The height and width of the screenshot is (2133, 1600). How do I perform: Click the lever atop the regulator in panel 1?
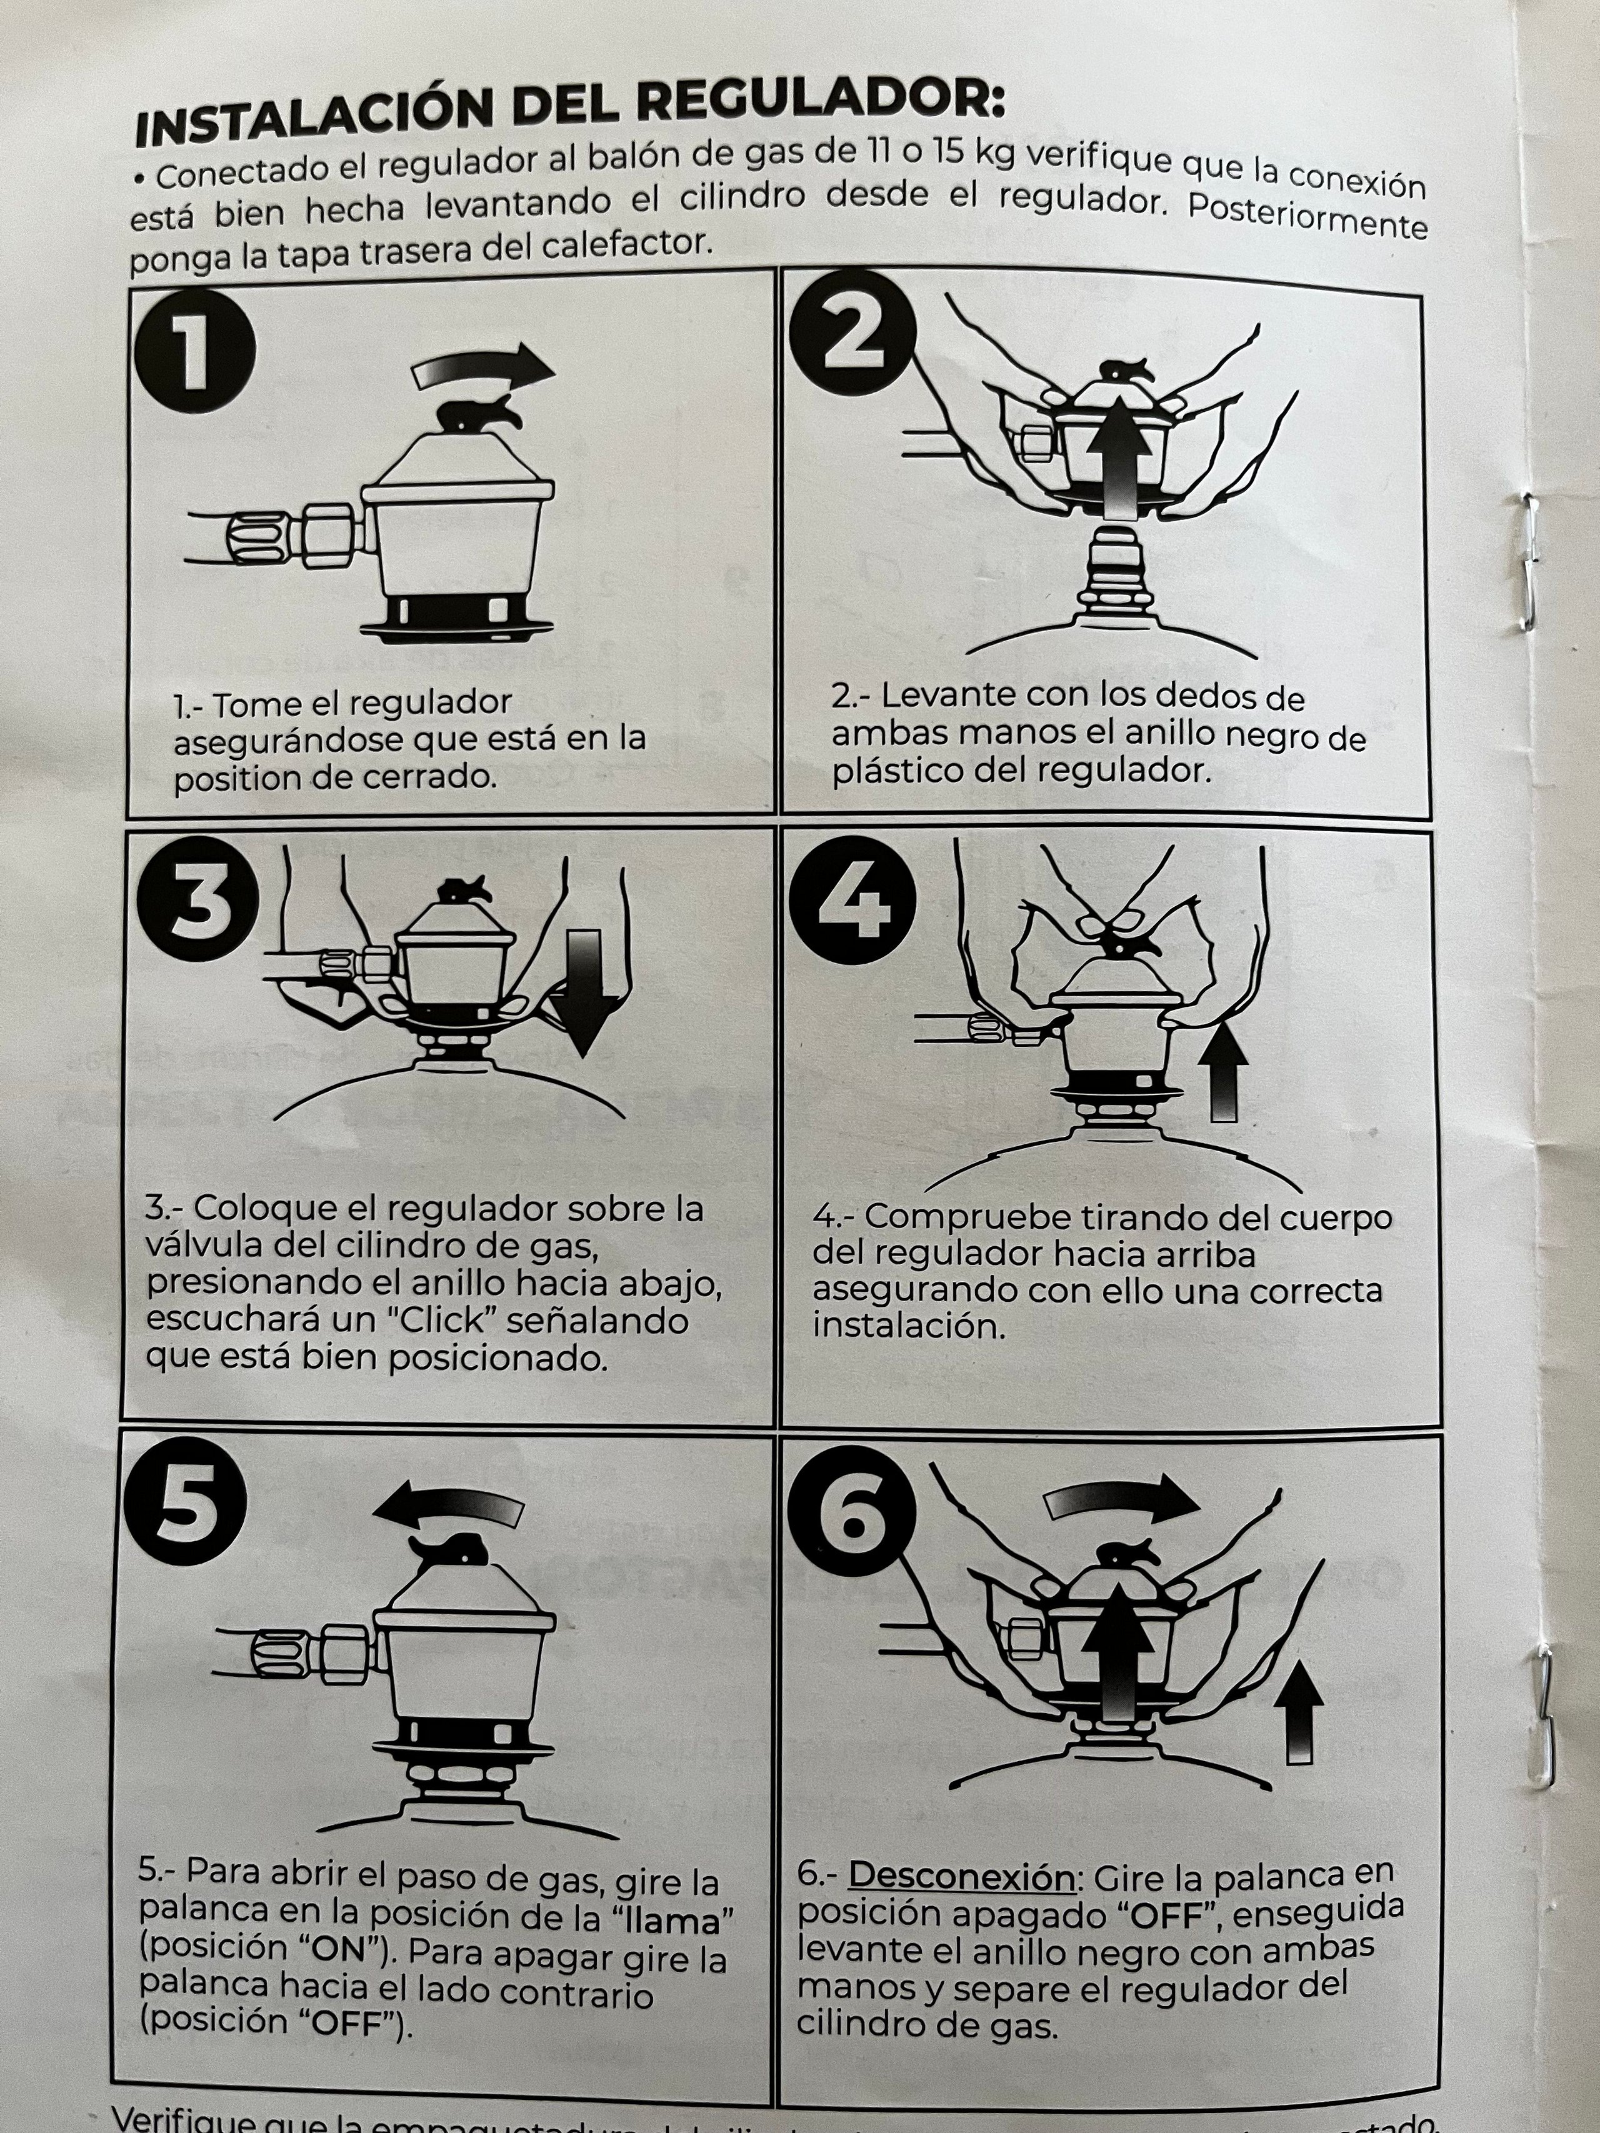point(480,414)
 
